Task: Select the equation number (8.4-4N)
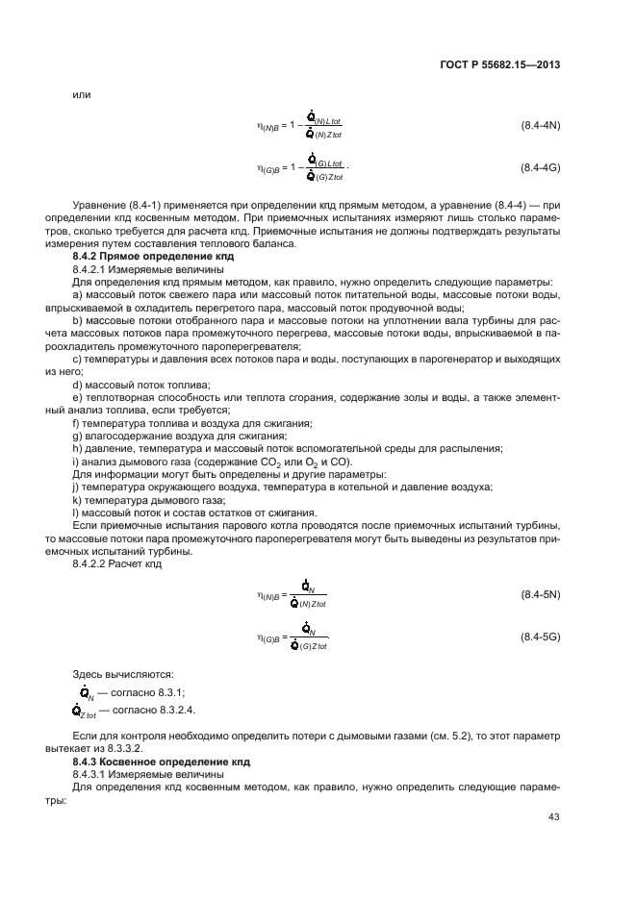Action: tap(541, 126)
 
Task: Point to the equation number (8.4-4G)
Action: tap(541, 167)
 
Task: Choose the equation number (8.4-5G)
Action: tap(541, 637)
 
